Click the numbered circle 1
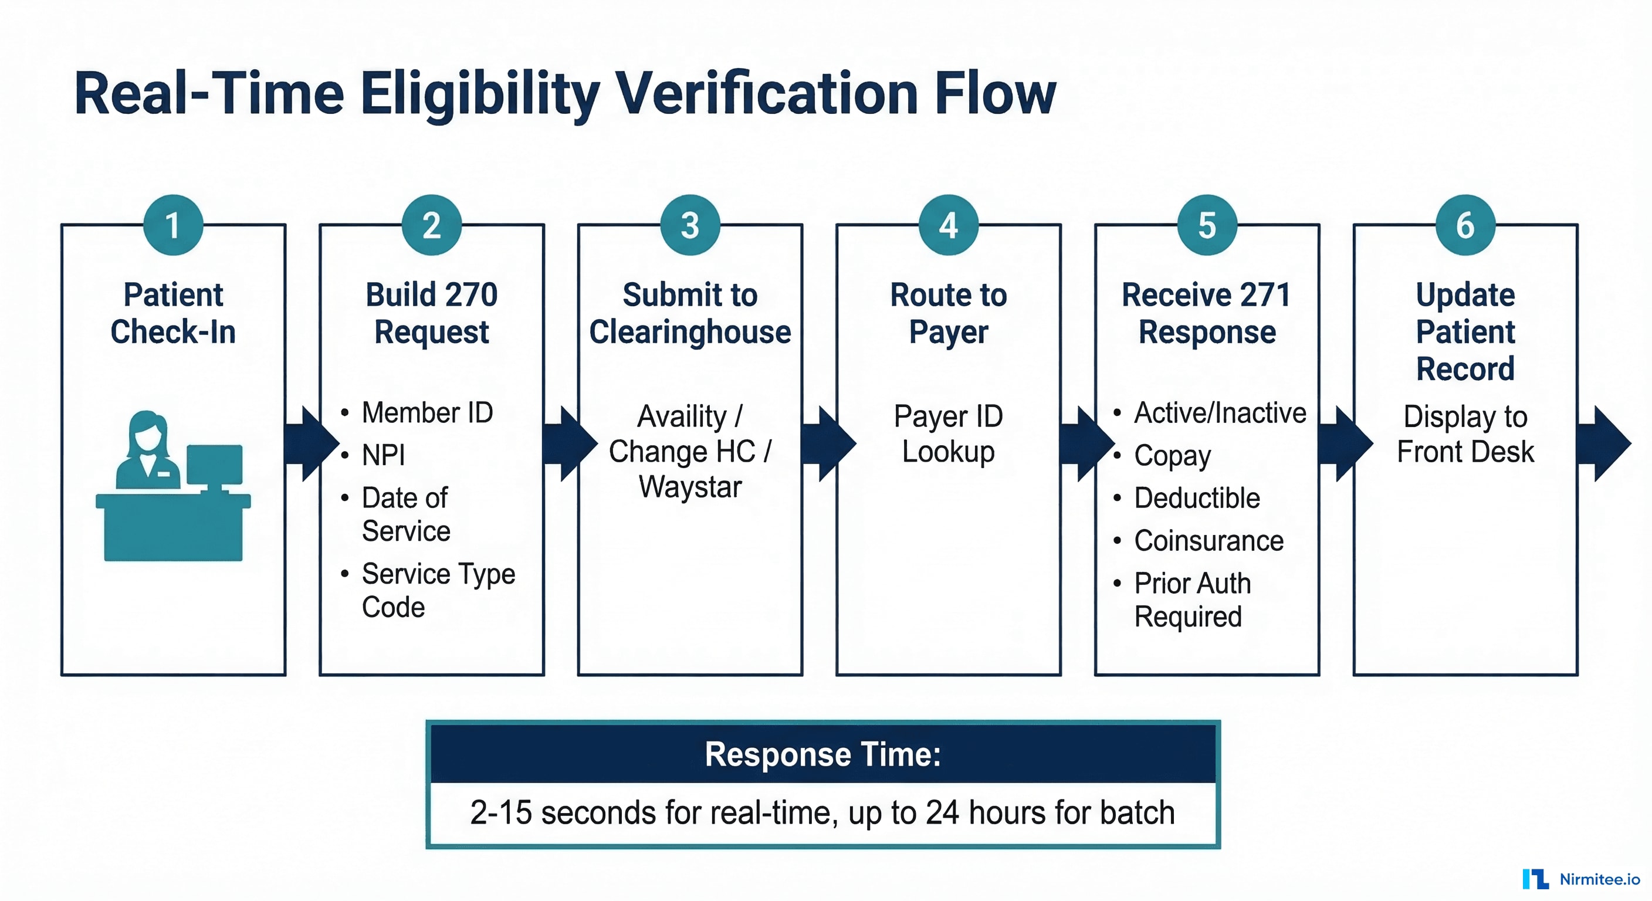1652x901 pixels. coord(173,225)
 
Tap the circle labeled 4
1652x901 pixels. coord(949,225)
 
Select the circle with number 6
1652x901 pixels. coord(1465,225)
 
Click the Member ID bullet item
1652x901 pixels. coord(427,412)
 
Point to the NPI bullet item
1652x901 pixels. coord(384,455)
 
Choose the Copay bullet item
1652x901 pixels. coord(1172,456)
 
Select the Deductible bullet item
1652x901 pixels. coord(1197,498)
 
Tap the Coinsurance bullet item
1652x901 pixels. coord(1208,541)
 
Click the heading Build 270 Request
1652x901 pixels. coord(432,313)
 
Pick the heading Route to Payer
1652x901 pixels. coord(949,313)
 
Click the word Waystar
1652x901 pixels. coord(690,487)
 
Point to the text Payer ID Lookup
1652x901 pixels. coord(949,434)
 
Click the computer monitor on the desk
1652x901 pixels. coord(215,465)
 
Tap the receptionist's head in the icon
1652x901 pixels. coord(147,432)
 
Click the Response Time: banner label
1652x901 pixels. coord(823,754)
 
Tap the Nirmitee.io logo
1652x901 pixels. coord(1580,879)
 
